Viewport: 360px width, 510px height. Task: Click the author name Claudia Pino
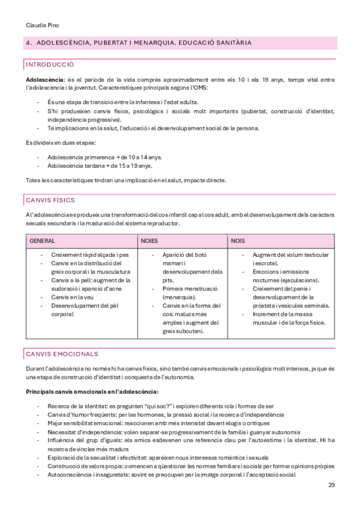[x=42, y=25]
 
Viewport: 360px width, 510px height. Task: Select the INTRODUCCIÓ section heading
[x=50, y=64]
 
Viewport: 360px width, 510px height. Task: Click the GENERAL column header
[x=42, y=241]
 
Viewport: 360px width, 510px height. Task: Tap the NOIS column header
[x=237, y=241]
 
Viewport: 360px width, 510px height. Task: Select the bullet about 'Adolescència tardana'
[x=99, y=165]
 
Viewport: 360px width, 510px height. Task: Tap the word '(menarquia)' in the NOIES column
[x=178, y=297]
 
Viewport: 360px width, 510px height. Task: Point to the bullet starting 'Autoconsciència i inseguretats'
[x=171, y=475]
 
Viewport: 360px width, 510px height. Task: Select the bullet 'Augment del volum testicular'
[x=290, y=255]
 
